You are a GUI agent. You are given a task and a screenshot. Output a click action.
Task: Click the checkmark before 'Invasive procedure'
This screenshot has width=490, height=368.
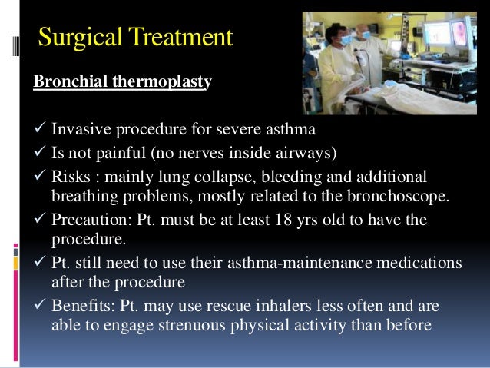click(x=38, y=128)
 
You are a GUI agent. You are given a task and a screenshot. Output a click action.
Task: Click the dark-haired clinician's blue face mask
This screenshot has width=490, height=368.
click(x=346, y=41)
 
